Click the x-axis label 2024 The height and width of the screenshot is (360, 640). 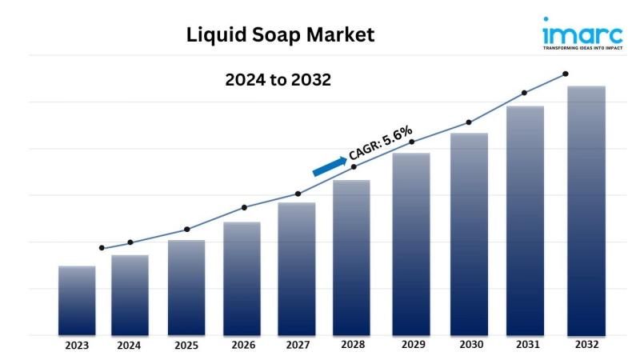(x=129, y=346)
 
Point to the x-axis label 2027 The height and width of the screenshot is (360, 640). (x=297, y=346)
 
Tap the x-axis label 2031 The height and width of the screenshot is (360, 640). (x=525, y=345)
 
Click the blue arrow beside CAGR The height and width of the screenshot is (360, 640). (x=330, y=165)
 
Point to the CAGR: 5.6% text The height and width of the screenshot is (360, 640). (x=381, y=144)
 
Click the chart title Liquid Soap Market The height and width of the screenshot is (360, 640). (x=280, y=35)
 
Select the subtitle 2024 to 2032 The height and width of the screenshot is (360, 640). (x=278, y=80)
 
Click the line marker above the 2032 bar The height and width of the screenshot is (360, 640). (x=566, y=74)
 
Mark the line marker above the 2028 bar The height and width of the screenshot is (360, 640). (x=354, y=166)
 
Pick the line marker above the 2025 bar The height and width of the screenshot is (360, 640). (x=187, y=230)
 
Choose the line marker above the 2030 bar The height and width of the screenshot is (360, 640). (x=469, y=122)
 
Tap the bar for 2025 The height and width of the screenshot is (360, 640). (x=186, y=287)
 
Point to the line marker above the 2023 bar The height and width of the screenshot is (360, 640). (x=102, y=248)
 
